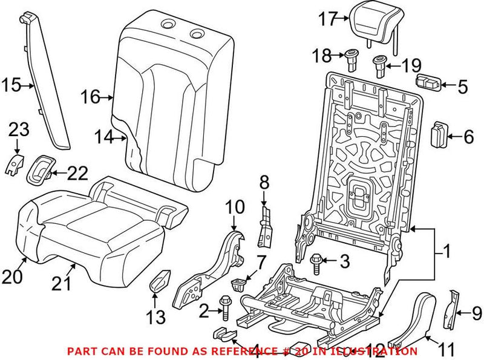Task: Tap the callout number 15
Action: pyautogui.click(x=10, y=85)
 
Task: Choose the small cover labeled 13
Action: pyautogui.click(x=160, y=282)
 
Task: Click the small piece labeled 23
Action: pyautogui.click(x=14, y=163)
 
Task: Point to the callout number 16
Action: pyautogui.click(x=90, y=96)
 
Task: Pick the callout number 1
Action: pyautogui.click(x=446, y=249)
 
